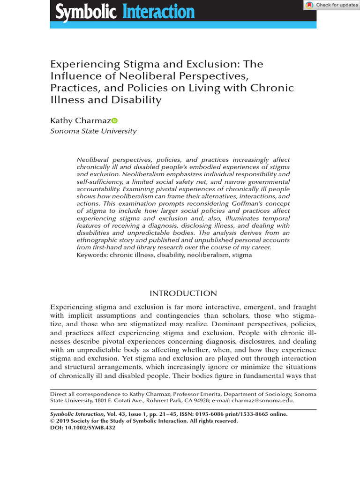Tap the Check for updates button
pos(332,5)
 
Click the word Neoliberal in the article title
pos(140,76)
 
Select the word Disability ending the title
pos(139,99)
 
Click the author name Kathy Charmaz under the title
pos(80,121)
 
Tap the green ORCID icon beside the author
pos(115,121)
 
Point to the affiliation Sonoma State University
pos(93,131)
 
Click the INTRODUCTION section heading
pos(183,294)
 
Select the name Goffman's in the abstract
pos(235,204)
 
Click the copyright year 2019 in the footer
pos(64,421)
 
